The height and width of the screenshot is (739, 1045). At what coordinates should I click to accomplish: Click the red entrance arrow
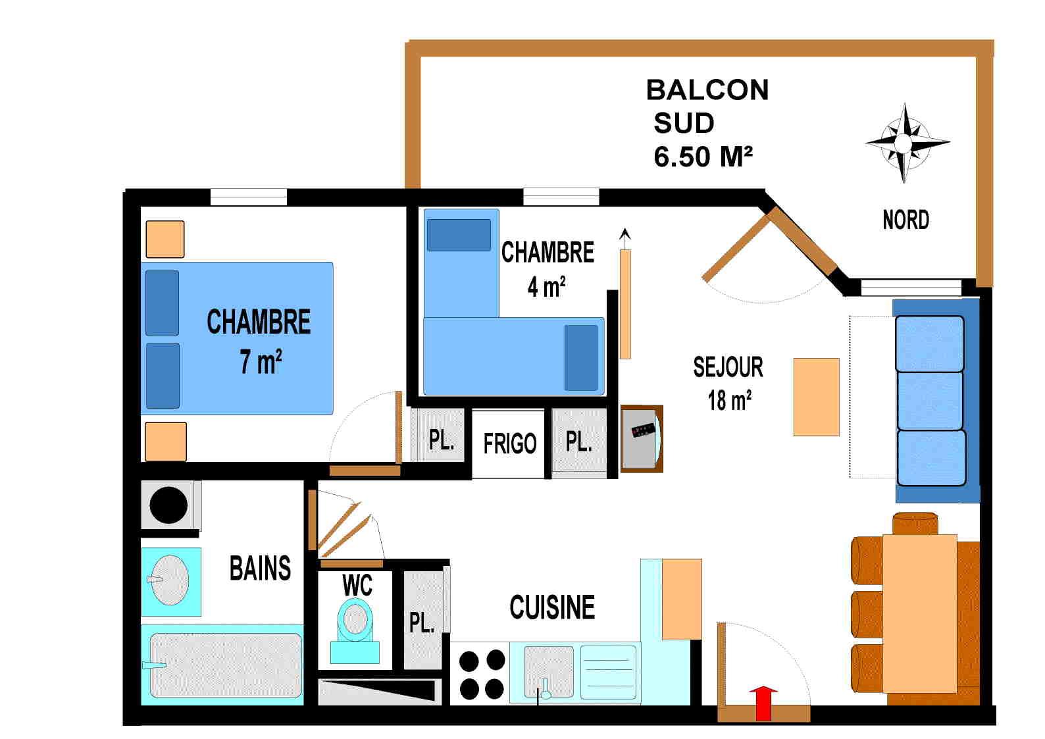[x=763, y=703]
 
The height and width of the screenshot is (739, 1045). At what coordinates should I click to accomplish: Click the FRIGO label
[x=509, y=444]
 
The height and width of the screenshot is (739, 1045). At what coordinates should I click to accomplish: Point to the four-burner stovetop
[x=482, y=674]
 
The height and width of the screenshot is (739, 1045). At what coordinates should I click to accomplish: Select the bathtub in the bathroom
[x=225, y=665]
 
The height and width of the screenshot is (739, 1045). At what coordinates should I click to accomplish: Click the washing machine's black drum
[x=168, y=505]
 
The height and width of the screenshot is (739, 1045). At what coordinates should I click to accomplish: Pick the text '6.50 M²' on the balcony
[x=703, y=157]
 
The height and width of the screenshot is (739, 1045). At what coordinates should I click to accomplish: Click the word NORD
[x=905, y=220]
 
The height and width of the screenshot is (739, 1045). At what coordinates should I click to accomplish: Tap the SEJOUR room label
[x=728, y=367]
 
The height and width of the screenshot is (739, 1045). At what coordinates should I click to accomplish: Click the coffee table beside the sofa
[x=816, y=397]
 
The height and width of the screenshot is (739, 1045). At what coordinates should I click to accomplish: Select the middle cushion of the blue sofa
[x=930, y=400]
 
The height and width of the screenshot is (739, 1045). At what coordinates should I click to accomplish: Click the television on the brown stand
[x=642, y=438]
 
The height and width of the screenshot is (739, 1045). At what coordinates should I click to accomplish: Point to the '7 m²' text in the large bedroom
[x=261, y=361]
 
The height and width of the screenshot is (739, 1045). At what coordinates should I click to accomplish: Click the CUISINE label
[x=551, y=607]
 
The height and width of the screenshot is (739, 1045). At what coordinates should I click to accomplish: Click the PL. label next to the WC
[x=422, y=622]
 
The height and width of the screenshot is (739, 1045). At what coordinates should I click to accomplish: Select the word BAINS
[x=260, y=568]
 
